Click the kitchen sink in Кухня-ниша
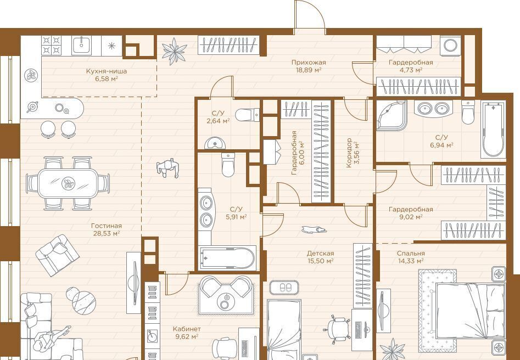pyautogui.click(x=81, y=46)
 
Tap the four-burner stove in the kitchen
pyautogui.click(x=52, y=46)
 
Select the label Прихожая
pyautogui.click(x=309, y=63)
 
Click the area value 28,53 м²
pyautogui.click(x=107, y=233)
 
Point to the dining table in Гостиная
pyautogui.click(x=68, y=183)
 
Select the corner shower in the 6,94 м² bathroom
pyautogui.click(x=392, y=115)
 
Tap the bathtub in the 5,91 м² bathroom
pyautogui.click(x=227, y=258)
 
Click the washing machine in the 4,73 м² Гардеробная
pyautogui.click(x=450, y=46)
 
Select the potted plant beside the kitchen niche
pyautogui.click(x=175, y=51)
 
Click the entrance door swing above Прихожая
pyautogui.click(x=310, y=16)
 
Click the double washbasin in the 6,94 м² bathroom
pyautogui.click(x=433, y=108)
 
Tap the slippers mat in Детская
pyautogui.click(x=284, y=288)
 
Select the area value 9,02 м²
pyautogui.click(x=411, y=217)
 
